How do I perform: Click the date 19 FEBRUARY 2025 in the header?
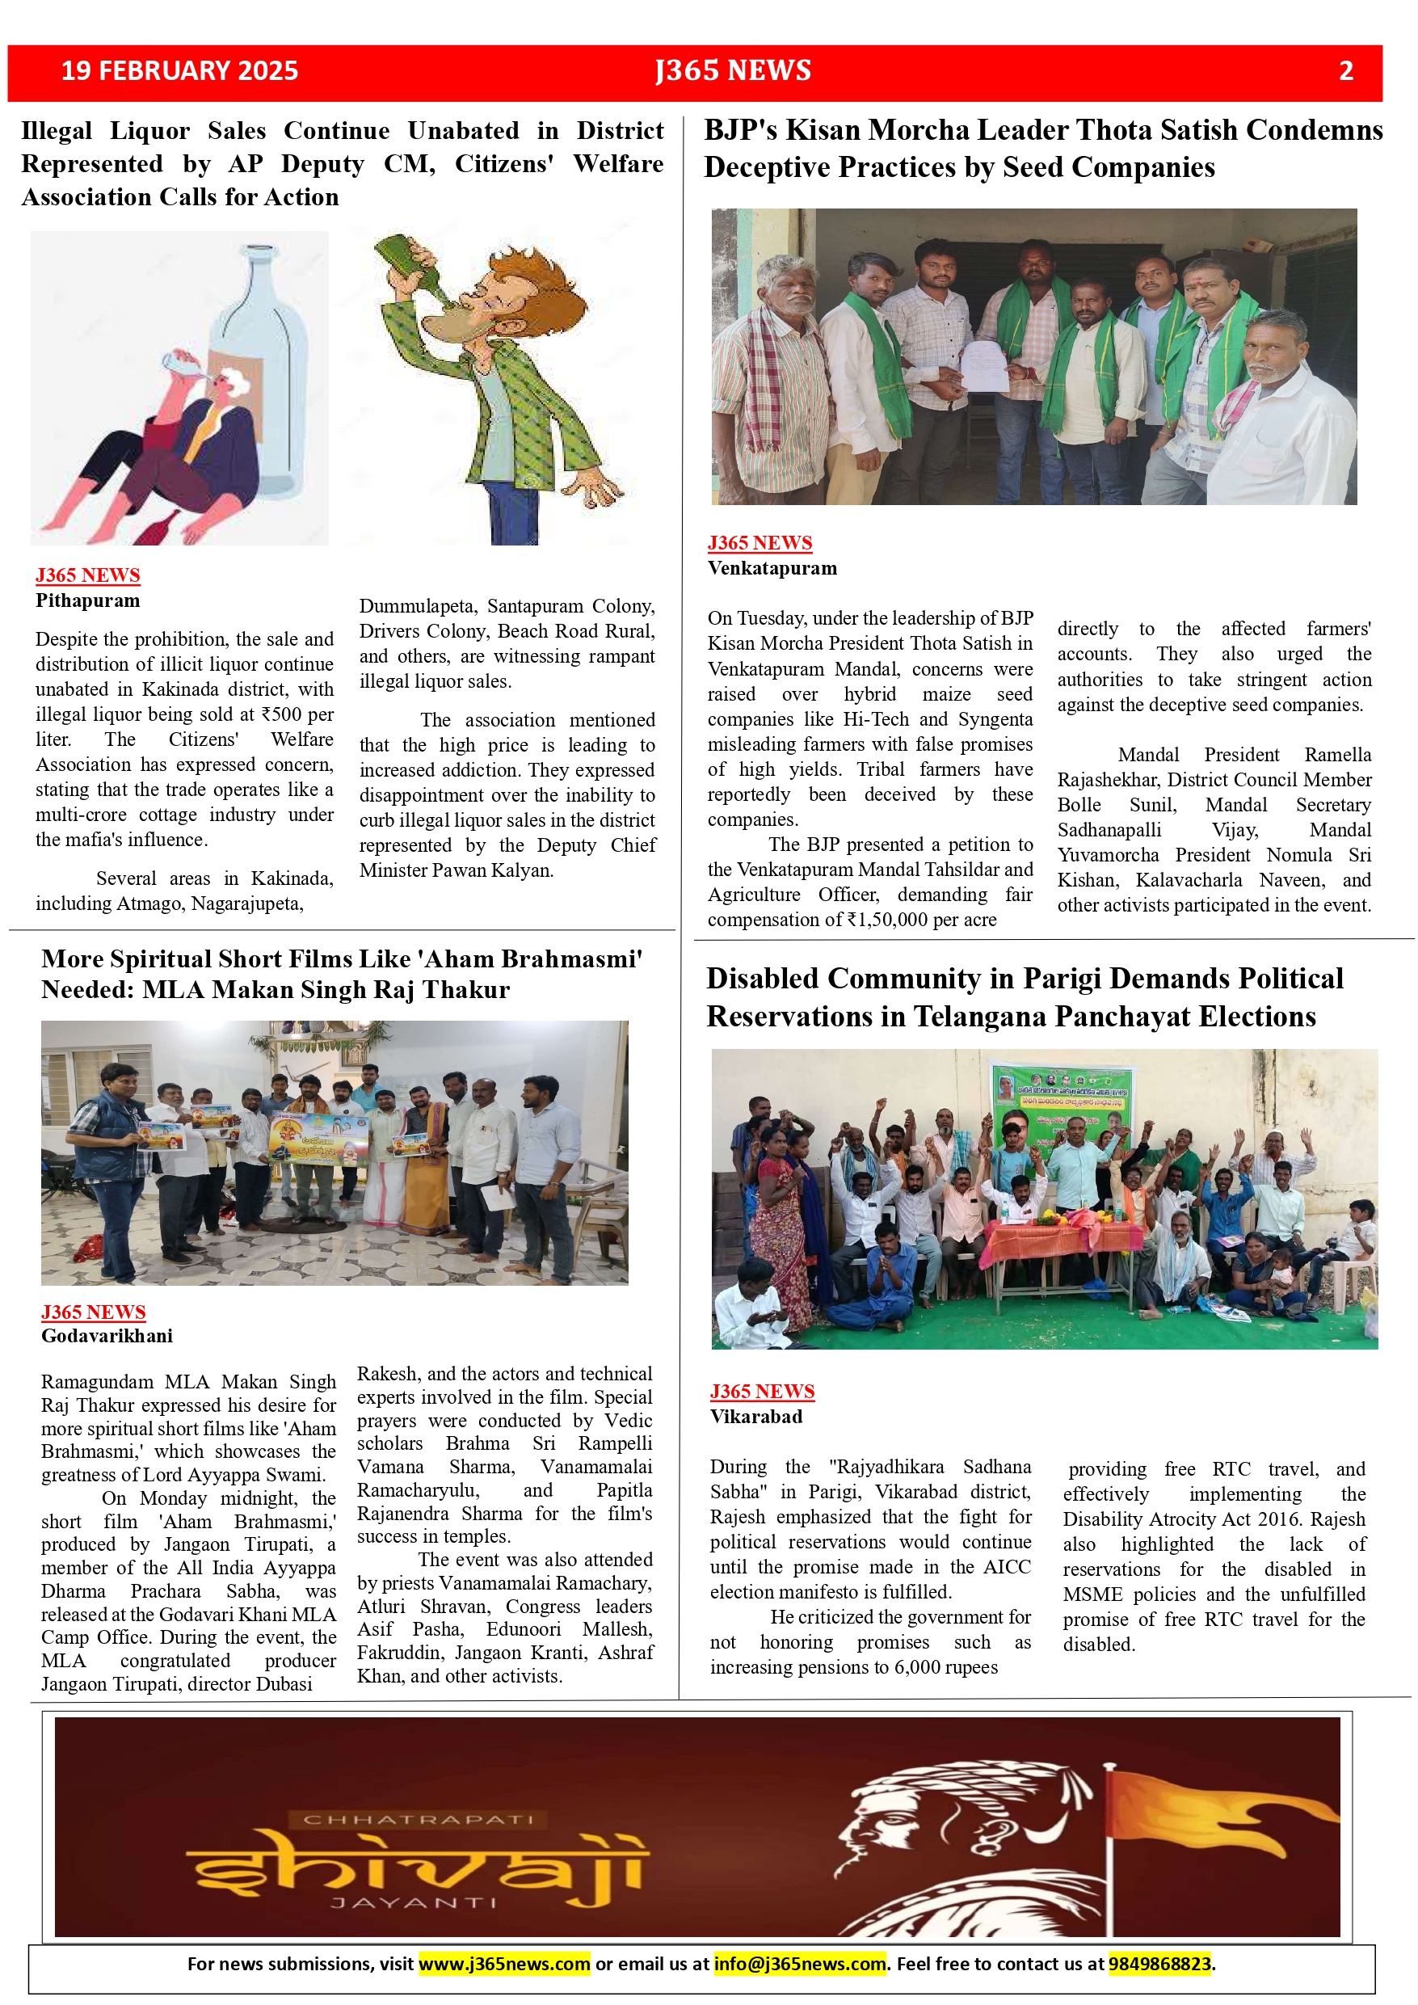tap(179, 71)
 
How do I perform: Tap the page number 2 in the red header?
tap(1345, 71)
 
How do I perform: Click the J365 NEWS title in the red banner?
tap(733, 71)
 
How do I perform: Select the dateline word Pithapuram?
tap(87, 600)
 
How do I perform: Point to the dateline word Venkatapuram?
tap(772, 568)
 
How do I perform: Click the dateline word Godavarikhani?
tap(107, 1335)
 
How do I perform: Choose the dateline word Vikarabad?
tap(755, 1417)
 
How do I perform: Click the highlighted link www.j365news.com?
tap(504, 1964)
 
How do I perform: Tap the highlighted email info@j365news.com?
tap(799, 1964)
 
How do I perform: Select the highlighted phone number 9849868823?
tap(1159, 1964)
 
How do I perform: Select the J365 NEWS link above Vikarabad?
tap(761, 1391)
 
